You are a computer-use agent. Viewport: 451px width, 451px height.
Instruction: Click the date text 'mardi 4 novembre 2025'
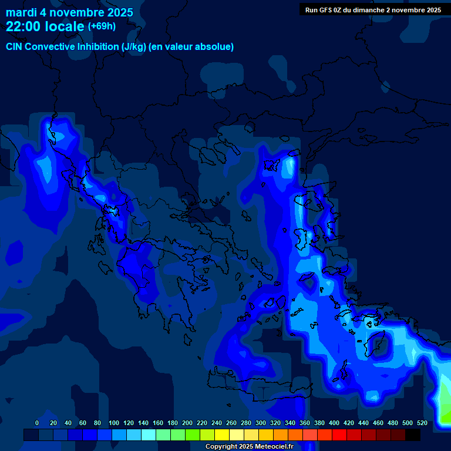point(69,12)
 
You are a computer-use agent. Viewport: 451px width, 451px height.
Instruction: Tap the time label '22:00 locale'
point(45,26)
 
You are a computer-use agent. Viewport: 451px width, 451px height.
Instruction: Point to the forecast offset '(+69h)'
point(102,26)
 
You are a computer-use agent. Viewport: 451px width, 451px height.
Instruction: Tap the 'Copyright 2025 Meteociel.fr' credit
point(249,447)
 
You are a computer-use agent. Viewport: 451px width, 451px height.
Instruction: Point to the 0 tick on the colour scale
point(37,423)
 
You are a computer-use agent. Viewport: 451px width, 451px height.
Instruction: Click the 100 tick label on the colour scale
point(114,423)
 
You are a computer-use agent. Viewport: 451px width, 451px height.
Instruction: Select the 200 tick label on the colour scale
point(187,423)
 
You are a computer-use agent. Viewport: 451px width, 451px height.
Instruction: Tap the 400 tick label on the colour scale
point(334,423)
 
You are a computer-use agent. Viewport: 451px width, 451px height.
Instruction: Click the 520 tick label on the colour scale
point(422,423)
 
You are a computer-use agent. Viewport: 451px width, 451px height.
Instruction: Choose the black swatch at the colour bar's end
point(413,435)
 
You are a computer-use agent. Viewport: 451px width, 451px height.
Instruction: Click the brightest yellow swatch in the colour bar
point(222,435)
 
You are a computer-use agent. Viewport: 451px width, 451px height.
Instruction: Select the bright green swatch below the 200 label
point(193,435)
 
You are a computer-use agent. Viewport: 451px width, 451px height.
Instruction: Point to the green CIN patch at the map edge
point(444,405)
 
